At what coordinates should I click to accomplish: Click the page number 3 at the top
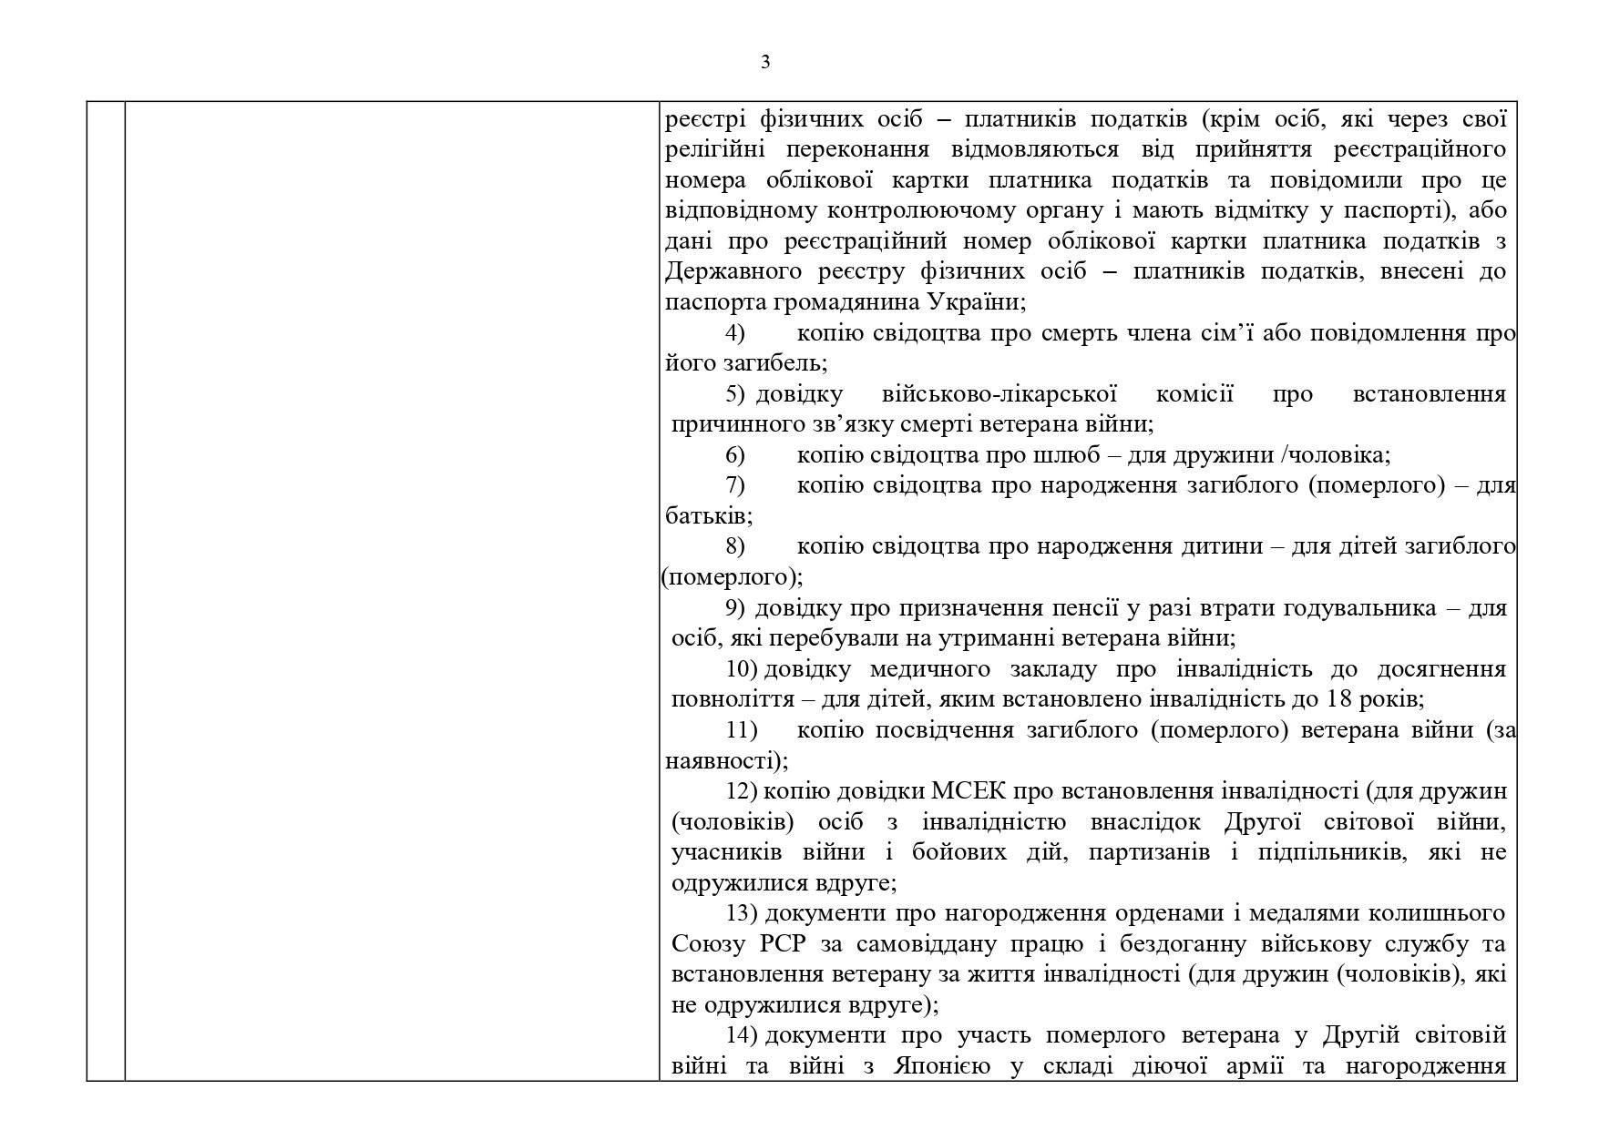click(x=764, y=62)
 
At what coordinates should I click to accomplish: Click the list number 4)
click(x=735, y=332)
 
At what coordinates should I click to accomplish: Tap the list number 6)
click(x=735, y=454)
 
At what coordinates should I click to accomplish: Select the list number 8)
click(x=735, y=546)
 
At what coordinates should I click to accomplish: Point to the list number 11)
click(x=742, y=730)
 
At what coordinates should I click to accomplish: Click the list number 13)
click(x=743, y=913)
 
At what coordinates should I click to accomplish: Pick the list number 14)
click(x=743, y=1035)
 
